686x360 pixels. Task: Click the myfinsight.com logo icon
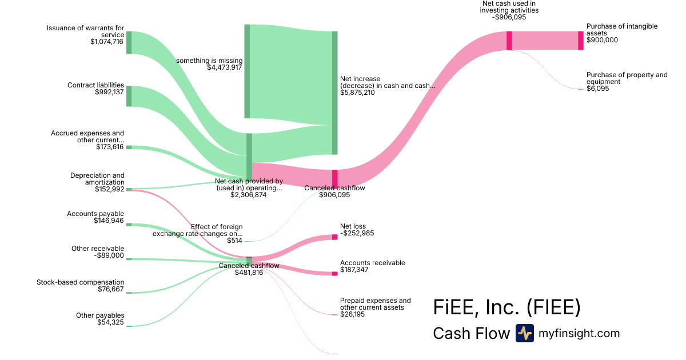[525, 333]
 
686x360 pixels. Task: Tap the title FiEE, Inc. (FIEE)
[507, 307]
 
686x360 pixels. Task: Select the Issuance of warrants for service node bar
[129, 42]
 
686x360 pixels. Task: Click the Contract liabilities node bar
[129, 96]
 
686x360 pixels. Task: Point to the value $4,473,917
[225, 67]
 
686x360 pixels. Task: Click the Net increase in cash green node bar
[335, 93]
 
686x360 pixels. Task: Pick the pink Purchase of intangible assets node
[581, 41]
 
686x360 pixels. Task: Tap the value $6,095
[598, 89]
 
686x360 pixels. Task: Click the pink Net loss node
[335, 237]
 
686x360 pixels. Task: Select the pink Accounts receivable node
[335, 274]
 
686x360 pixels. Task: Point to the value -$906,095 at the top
[509, 17]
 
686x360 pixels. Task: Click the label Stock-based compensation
[80, 282]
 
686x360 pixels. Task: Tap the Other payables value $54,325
[110, 322]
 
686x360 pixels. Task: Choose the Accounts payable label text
[95, 214]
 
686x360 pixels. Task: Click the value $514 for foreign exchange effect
[234, 241]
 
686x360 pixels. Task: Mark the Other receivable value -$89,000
[109, 255]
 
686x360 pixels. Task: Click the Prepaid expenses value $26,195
[352, 314]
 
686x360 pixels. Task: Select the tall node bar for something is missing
[247, 71]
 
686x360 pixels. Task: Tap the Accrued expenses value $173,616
[110, 147]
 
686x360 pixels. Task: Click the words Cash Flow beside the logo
[471, 333]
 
